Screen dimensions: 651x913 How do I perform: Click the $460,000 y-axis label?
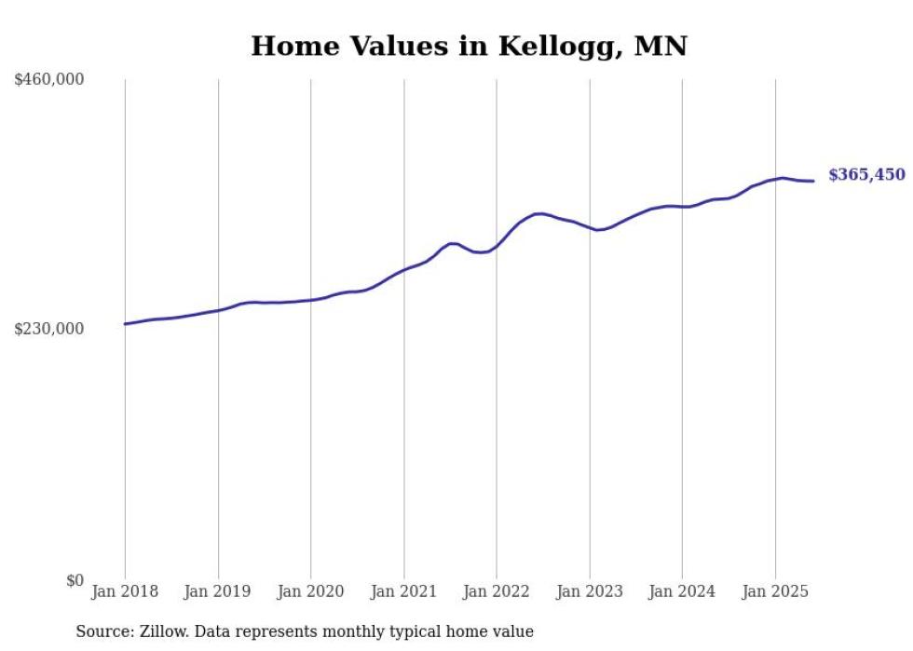pos(48,80)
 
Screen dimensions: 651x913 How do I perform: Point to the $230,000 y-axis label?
pos(48,329)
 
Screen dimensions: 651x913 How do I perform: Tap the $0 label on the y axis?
pos(75,580)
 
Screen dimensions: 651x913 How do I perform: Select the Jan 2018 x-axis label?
pos(125,591)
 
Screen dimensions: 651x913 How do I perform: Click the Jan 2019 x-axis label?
pos(218,591)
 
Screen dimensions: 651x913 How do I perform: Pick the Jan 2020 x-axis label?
pos(311,591)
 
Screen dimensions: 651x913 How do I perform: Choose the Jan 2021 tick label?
pos(403,591)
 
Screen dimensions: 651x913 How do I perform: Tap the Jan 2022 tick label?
pos(497,591)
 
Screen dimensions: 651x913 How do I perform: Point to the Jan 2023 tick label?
pos(589,591)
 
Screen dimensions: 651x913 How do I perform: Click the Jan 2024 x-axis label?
pos(682,591)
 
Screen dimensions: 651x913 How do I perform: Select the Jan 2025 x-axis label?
pos(775,591)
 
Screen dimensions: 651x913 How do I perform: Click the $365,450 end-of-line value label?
pos(866,175)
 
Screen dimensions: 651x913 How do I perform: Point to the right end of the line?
pos(813,181)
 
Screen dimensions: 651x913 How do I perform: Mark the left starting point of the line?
pos(125,324)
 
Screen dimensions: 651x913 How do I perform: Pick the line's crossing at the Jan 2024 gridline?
pos(682,207)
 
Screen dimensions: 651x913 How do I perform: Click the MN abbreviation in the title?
pos(660,47)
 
